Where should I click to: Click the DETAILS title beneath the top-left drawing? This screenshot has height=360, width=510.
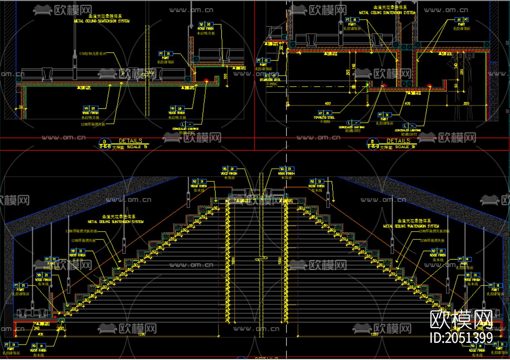pos(130,141)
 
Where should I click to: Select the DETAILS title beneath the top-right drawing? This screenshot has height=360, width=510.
pos(398,141)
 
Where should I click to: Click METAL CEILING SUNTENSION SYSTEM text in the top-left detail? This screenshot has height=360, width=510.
pos(102,21)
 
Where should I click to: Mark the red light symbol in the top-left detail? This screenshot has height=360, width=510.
pos(206,80)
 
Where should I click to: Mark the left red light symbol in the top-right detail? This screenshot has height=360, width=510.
pos(384,85)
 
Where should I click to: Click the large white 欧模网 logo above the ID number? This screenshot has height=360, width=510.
pos(461,320)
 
